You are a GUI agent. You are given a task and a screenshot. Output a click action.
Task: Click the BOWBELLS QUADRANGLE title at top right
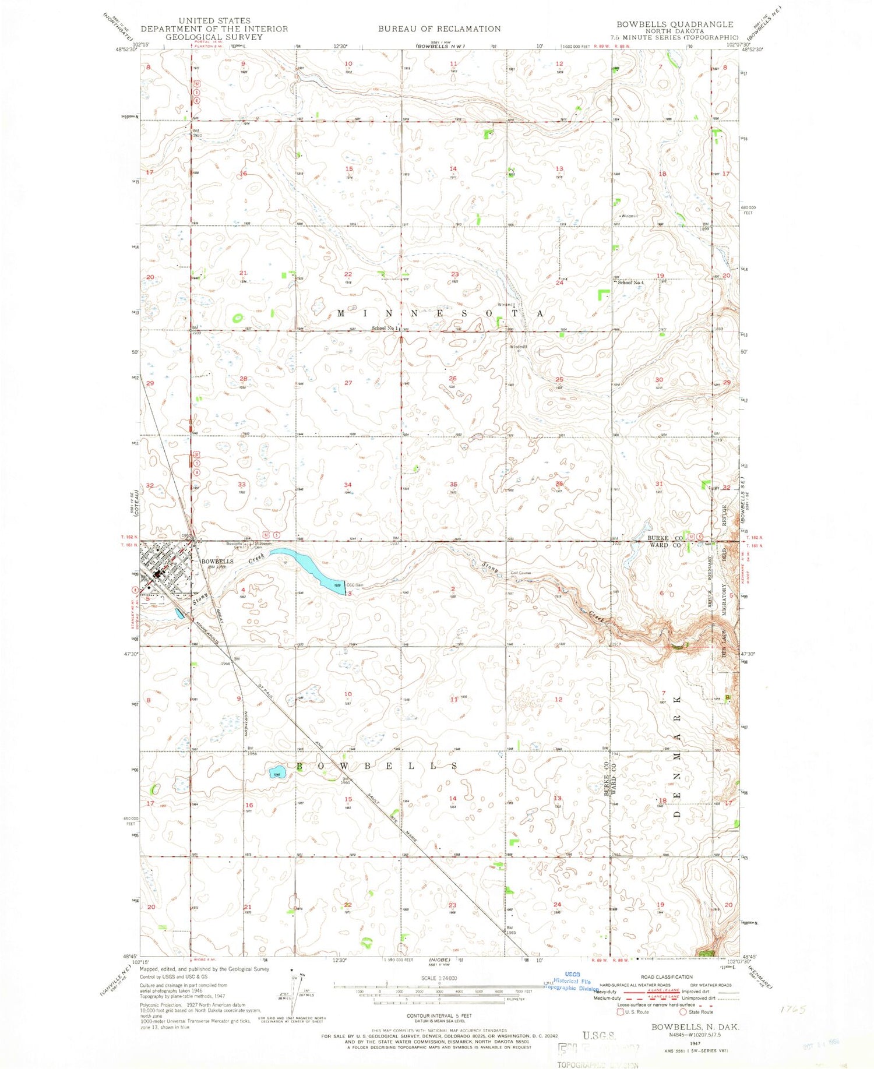pyautogui.click(x=675, y=24)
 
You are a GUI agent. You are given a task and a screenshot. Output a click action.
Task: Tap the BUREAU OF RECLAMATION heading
pyautogui.click(x=439, y=29)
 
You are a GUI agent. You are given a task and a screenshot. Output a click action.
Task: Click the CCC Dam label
pyautogui.click(x=355, y=585)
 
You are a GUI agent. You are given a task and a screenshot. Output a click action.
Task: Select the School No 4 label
pyautogui.click(x=631, y=283)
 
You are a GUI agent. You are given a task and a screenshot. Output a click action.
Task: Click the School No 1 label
pyautogui.click(x=386, y=329)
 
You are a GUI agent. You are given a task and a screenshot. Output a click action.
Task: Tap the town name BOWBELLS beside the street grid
pyautogui.click(x=217, y=562)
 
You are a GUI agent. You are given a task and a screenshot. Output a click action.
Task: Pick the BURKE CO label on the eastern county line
pyautogui.click(x=663, y=538)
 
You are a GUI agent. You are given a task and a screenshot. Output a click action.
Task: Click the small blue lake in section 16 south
pyautogui.click(x=276, y=773)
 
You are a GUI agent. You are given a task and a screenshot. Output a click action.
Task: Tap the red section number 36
pyautogui.click(x=559, y=483)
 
